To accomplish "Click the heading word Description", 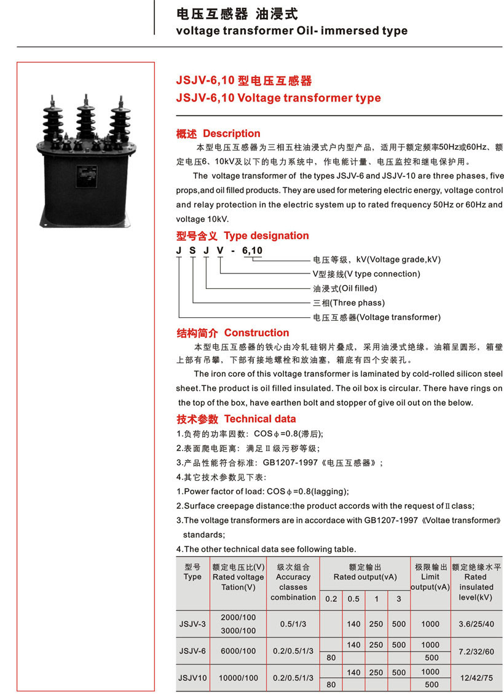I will (231, 133).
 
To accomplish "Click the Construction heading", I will (256, 333).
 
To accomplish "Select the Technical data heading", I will (260, 419).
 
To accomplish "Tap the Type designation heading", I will (266, 235).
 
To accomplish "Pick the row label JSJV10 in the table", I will (192, 678).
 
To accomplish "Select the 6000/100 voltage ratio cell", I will (238, 651).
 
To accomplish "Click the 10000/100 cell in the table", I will (238, 678).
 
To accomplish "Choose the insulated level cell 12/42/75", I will (476, 678).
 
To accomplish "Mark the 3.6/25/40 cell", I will (476, 624).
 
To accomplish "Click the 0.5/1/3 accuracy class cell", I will (293, 624).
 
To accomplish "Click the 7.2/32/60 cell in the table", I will (476, 651).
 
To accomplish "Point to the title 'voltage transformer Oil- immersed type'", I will (291, 31).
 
